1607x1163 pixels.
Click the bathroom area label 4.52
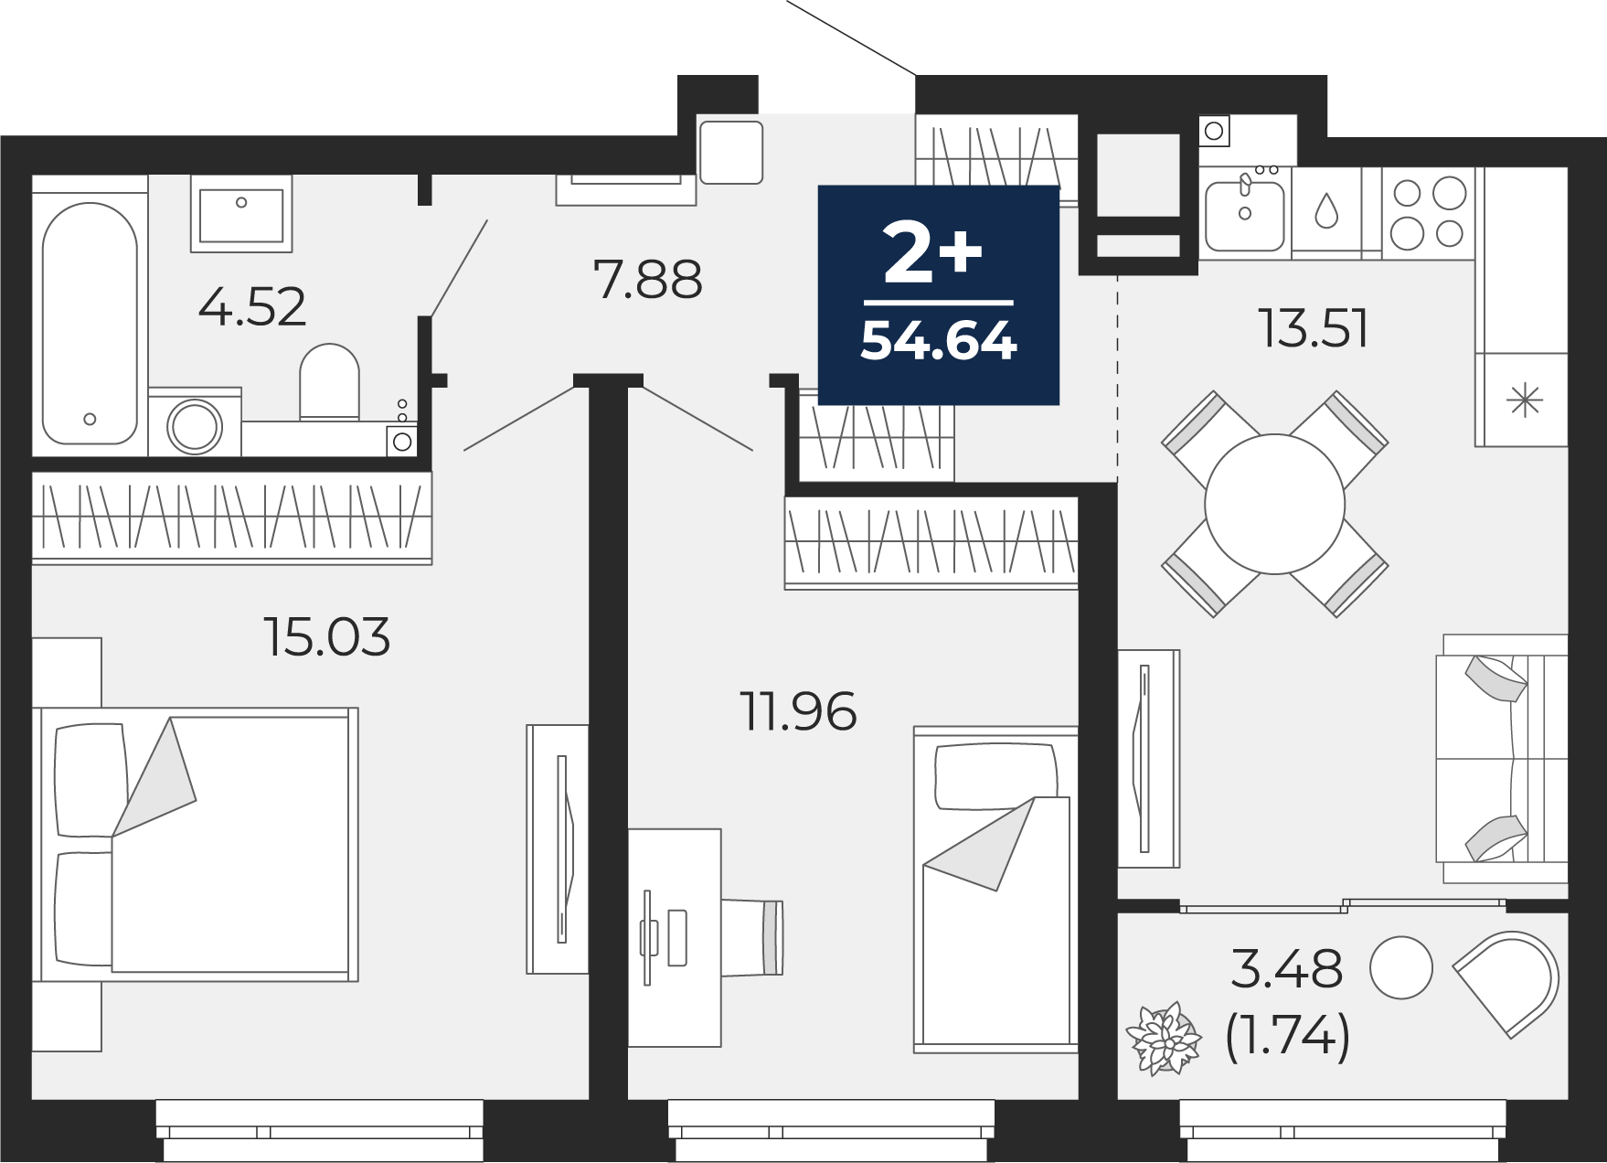(x=252, y=307)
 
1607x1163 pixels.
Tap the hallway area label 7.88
(x=648, y=280)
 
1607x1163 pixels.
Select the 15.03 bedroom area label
(x=327, y=636)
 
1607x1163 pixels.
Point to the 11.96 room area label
(x=799, y=711)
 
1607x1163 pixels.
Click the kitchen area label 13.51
(x=1314, y=328)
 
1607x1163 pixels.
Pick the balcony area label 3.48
(x=1287, y=969)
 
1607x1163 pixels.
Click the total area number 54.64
(x=939, y=341)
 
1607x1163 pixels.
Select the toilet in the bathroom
(x=329, y=383)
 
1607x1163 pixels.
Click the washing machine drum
(x=195, y=426)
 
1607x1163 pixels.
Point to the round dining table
(x=1274, y=504)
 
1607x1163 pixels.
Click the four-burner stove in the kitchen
(x=1428, y=212)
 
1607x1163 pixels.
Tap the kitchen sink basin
(x=1244, y=215)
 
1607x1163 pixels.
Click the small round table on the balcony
(x=1400, y=967)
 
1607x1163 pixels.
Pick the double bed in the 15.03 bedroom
(x=196, y=844)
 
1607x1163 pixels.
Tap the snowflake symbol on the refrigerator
(x=1524, y=401)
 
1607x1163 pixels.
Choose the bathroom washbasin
(x=241, y=215)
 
